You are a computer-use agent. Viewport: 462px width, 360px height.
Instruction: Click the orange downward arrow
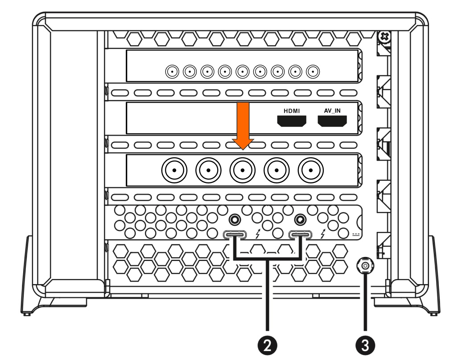(243, 126)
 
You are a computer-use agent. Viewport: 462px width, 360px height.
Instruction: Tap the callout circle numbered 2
(267, 345)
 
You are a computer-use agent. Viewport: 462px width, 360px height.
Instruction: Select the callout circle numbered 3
(365, 345)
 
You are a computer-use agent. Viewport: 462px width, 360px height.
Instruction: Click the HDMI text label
(292, 111)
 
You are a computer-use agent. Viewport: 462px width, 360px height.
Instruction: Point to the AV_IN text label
(332, 111)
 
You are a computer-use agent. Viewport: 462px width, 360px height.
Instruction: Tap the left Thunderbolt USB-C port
(235, 235)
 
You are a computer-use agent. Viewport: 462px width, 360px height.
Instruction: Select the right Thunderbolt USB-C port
(300, 235)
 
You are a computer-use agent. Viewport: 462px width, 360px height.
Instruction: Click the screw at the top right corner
(385, 37)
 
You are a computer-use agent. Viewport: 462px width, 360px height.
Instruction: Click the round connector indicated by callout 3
(365, 266)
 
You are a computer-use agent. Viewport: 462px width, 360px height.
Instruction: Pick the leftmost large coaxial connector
(174, 170)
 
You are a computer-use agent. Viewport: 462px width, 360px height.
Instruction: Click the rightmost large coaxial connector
(310, 170)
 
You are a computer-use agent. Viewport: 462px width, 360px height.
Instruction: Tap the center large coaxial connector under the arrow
(243, 170)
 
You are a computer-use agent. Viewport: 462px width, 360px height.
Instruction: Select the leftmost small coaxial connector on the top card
(172, 72)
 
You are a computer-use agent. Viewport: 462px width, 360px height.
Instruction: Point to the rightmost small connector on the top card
(313, 72)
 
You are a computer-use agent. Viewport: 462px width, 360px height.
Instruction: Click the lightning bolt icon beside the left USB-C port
(258, 234)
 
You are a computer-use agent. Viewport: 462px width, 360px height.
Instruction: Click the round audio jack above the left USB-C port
(235, 219)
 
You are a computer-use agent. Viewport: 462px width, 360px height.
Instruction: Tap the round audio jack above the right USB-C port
(300, 219)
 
